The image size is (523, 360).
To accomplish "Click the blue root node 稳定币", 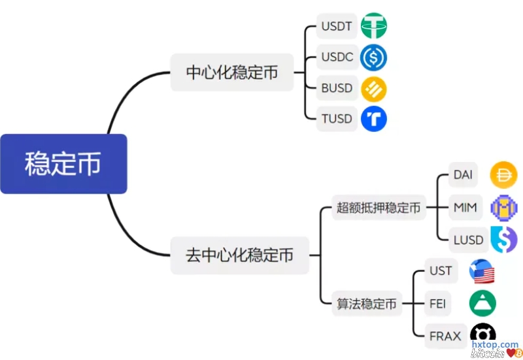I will click(63, 164).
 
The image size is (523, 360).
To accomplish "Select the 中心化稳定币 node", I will click(232, 72).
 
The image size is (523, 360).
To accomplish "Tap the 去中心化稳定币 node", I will click(240, 255).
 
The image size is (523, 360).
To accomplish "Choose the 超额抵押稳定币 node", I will click(379, 208).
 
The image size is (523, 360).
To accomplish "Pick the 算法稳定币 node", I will click(367, 304).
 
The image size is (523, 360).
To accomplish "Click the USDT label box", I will click(337, 26).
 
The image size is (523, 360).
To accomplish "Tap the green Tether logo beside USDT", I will click(374, 26).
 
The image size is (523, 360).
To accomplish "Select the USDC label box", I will click(337, 57).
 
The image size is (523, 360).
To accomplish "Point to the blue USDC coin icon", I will click(374, 57).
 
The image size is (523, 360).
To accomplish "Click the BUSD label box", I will click(337, 88).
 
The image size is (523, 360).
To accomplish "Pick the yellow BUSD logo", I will click(374, 88).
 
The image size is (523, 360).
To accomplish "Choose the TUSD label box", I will click(337, 119).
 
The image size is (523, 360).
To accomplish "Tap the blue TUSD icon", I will click(374, 119).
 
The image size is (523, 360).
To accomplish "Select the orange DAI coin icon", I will click(503, 175).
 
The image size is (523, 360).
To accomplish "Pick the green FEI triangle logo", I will click(482, 303).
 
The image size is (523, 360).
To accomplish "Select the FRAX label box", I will click(445, 336).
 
